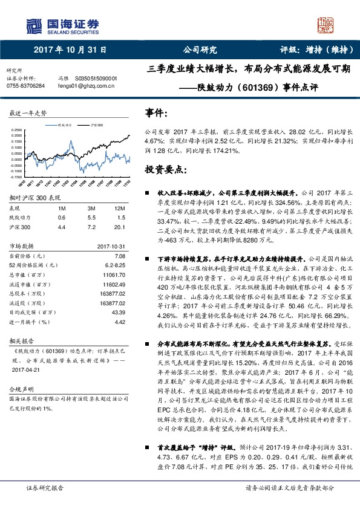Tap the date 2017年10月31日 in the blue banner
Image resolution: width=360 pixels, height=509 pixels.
pyautogui.click(x=70, y=51)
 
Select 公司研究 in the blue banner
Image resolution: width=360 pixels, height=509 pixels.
pyautogui.click(x=200, y=51)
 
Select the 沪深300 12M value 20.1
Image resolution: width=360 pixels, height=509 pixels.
pyautogui.click(x=119, y=226)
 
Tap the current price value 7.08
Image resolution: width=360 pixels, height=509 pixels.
pyautogui.click(x=119, y=256)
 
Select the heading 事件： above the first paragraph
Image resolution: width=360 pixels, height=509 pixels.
pyautogui.click(x=155, y=113)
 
